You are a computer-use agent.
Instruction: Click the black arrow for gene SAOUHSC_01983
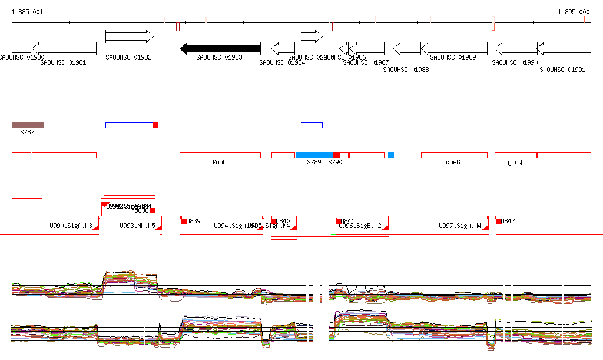point(220,49)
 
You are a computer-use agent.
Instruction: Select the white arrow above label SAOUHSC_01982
point(129,37)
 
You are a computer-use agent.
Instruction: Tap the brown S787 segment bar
point(28,125)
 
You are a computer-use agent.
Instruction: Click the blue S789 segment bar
point(314,155)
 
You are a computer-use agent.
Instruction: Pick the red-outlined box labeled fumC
point(220,155)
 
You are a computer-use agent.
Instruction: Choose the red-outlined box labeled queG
point(454,155)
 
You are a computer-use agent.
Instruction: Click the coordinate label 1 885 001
point(27,12)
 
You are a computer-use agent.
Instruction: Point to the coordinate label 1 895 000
point(574,12)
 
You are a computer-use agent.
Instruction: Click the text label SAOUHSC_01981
point(63,62)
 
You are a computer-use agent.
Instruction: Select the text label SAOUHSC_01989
point(453,57)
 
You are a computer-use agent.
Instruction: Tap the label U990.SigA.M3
point(71,226)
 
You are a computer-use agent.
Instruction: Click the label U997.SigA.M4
point(460,226)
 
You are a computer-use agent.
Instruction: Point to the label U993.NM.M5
point(137,226)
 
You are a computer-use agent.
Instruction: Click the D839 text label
point(194,222)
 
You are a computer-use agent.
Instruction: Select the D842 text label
point(508,222)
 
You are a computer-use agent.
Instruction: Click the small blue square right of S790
point(391,155)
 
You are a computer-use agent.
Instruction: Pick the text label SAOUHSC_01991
point(562,70)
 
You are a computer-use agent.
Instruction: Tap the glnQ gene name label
point(515,162)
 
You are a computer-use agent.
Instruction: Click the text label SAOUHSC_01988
point(406,70)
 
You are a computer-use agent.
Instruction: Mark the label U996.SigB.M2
point(360,226)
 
